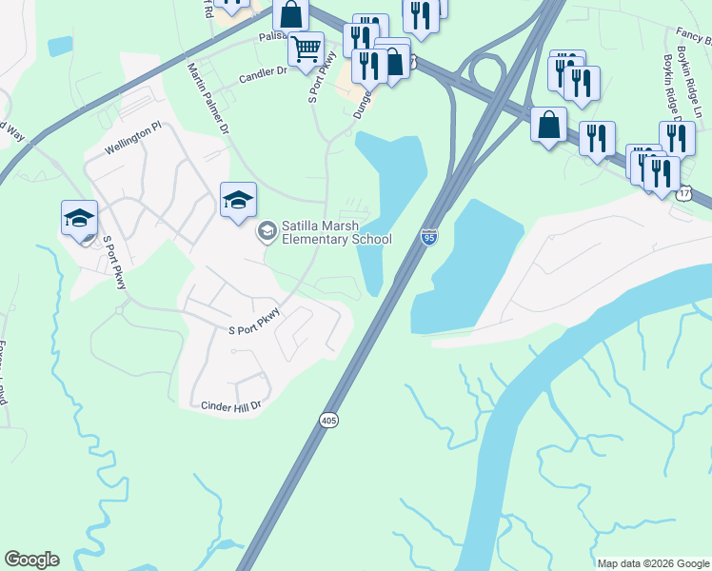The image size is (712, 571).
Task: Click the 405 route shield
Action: click(328, 420)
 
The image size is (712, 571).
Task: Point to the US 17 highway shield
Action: click(685, 193)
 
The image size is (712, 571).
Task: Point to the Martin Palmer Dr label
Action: click(209, 97)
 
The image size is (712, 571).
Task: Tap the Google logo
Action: click(31, 560)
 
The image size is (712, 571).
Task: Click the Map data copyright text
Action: click(653, 563)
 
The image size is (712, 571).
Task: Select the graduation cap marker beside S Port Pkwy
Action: click(80, 217)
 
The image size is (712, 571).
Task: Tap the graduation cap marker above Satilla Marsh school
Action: click(238, 199)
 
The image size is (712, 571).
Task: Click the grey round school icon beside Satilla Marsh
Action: click(267, 230)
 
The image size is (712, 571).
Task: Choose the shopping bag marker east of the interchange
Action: click(549, 124)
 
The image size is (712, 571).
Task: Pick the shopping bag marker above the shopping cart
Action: click(291, 14)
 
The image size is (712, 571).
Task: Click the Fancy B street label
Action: click(693, 34)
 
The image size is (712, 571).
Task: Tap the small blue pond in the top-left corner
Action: click(59, 45)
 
